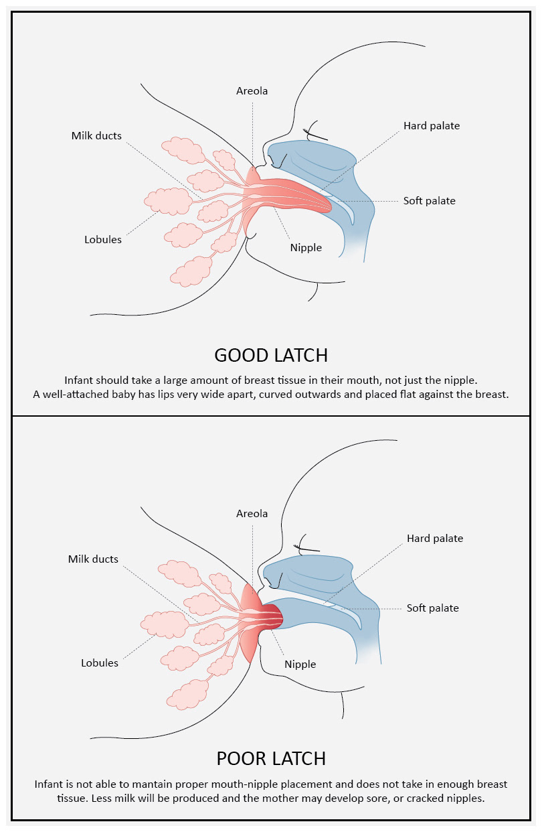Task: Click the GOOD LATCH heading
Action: pos(271,354)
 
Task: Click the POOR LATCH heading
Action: pos(271,758)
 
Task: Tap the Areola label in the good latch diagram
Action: pos(252,90)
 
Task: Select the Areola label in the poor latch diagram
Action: pos(252,514)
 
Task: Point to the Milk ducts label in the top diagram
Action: pos(96,136)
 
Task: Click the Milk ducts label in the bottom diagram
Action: pos(93,559)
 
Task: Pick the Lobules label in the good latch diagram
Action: pos(103,239)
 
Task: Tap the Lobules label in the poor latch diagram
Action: pos(100,663)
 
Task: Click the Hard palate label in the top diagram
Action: pos(432,125)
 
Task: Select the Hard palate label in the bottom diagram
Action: pos(435,538)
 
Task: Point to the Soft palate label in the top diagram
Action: pos(430,200)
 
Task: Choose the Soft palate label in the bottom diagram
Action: pos(433,608)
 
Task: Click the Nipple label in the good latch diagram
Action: pos(306,247)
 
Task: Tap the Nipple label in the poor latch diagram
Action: pos(300,664)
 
